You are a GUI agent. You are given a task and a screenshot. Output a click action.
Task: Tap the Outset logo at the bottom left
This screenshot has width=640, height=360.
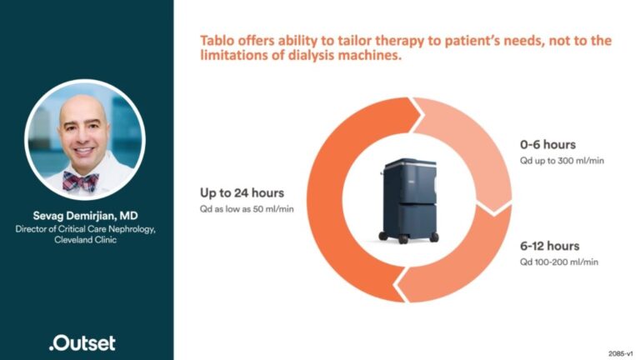pos(82,342)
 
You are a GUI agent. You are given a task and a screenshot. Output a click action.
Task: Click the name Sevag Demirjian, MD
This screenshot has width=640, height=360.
pos(87,214)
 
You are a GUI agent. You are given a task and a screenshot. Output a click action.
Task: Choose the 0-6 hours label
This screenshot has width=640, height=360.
pos(547,145)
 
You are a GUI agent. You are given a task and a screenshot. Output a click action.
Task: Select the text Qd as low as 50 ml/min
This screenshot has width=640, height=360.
pos(247,208)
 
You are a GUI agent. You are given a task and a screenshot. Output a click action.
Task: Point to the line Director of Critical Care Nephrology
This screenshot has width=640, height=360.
pos(87,227)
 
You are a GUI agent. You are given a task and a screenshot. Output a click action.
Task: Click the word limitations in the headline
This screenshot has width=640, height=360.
pos(235,57)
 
